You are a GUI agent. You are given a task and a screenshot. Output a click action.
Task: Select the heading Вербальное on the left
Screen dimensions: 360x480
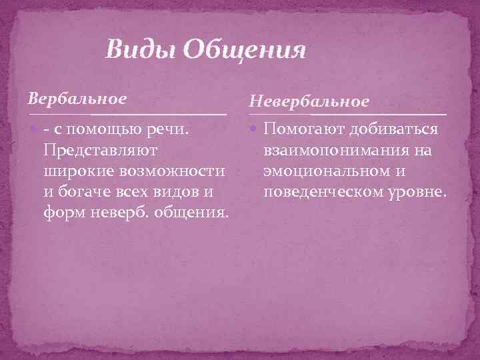point(77,99)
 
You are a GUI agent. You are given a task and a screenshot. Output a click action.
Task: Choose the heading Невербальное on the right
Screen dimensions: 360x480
point(309,101)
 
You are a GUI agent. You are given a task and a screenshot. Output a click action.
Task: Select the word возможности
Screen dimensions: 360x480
point(175,171)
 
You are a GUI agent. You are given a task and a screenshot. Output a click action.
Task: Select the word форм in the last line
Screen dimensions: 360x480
point(58,215)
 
